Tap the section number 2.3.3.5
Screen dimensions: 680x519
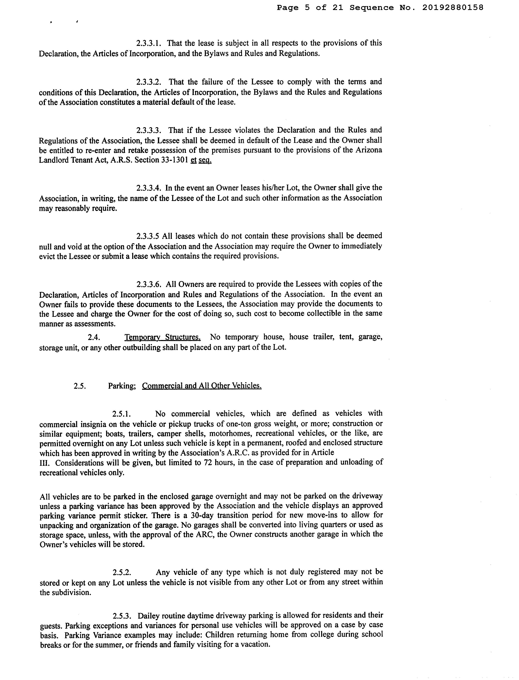(148, 236)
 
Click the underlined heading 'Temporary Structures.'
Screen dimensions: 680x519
(163, 337)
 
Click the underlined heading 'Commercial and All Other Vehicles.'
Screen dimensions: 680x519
(202, 386)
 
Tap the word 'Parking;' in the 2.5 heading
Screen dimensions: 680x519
(122, 386)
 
